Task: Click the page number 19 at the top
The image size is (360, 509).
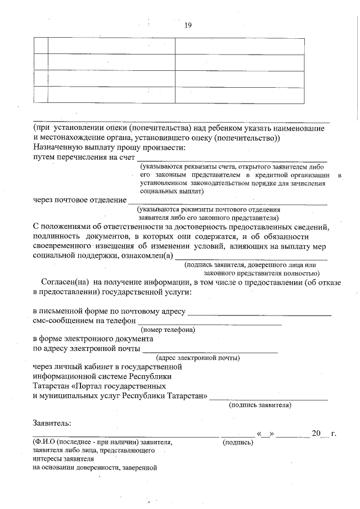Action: click(x=188, y=25)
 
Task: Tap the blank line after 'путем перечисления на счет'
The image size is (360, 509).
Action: click(x=232, y=160)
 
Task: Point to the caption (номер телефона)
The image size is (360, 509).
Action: click(x=168, y=330)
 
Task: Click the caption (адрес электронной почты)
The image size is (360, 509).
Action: click(x=198, y=358)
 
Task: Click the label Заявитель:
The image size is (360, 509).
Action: click(x=52, y=422)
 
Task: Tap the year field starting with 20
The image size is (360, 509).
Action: click(x=319, y=434)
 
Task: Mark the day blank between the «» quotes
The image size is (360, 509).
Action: click(x=265, y=434)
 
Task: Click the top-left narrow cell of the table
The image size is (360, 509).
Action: click(x=40, y=46)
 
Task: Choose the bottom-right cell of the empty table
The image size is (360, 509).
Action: click(x=240, y=95)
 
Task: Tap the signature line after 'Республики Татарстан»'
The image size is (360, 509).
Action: click(x=268, y=398)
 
